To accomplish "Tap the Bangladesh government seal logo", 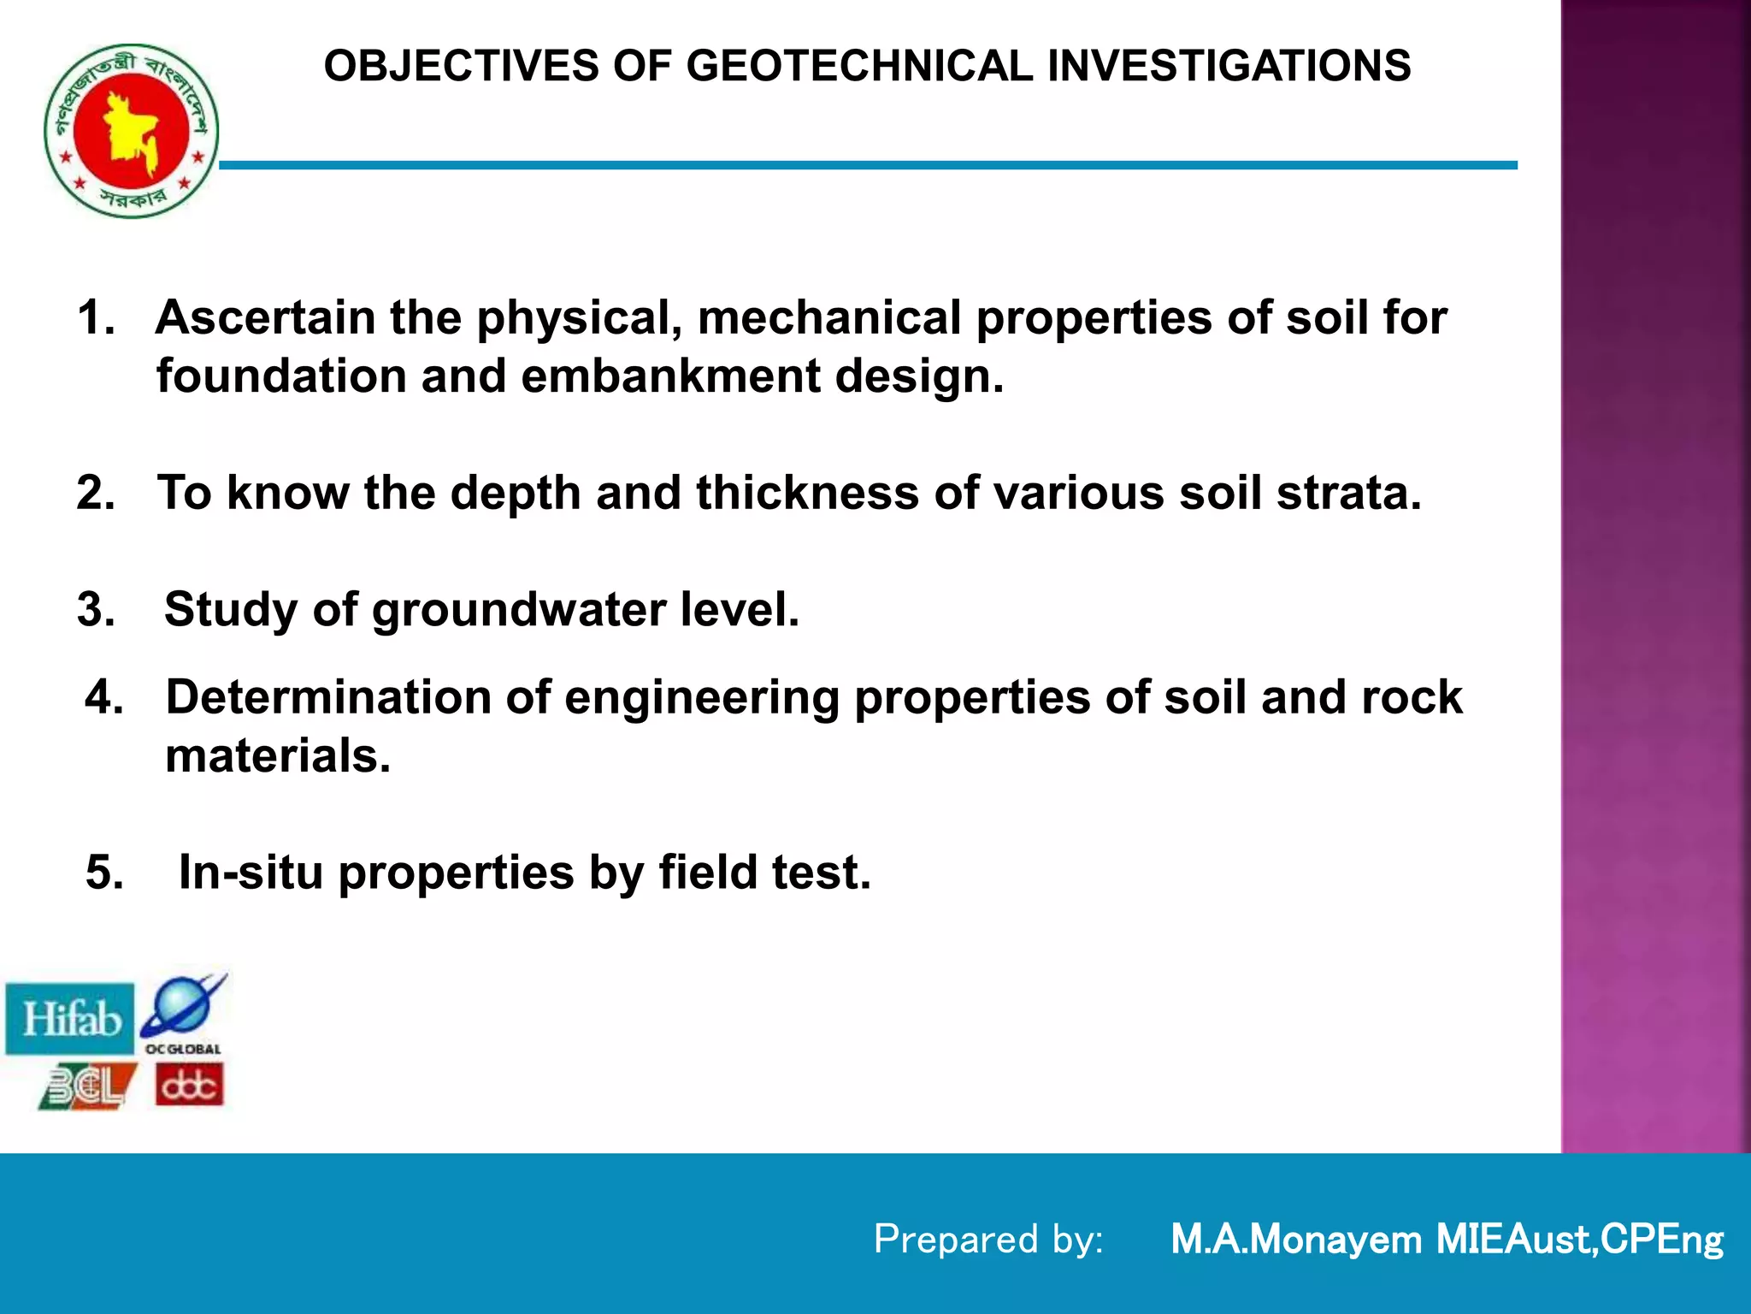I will coord(131,131).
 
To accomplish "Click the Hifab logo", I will coord(71,1019).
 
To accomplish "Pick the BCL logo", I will coord(87,1086).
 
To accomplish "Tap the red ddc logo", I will coord(190,1086).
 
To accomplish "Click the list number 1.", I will coord(95,318).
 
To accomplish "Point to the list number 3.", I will coord(95,610).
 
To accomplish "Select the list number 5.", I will coord(103,873).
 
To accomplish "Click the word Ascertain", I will coord(265,318).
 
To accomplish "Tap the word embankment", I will coord(670,376).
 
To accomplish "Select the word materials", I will coord(277,756).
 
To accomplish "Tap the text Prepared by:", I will coord(988,1240).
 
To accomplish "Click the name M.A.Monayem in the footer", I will coord(1295,1240).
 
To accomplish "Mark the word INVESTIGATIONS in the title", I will coord(1229,67).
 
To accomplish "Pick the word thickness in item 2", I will coord(807,494).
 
